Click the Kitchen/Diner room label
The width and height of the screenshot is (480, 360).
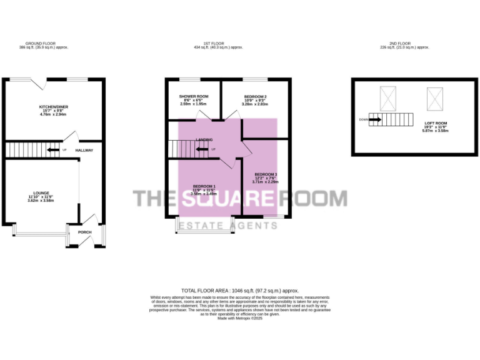click(54, 107)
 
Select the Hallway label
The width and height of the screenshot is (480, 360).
click(84, 151)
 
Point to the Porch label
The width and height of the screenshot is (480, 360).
click(84, 232)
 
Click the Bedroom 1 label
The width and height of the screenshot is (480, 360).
click(204, 186)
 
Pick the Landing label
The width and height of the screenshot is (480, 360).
click(204, 139)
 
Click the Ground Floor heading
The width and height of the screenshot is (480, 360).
click(43, 44)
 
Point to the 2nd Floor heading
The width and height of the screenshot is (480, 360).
click(405, 44)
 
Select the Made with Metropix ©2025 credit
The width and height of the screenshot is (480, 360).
click(240, 318)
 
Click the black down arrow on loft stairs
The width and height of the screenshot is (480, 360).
click(374, 119)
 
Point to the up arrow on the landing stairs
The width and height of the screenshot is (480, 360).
click(202, 149)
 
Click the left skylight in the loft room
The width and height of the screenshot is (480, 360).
click(387, 97)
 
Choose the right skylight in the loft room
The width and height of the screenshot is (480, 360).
click(434, 97)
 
